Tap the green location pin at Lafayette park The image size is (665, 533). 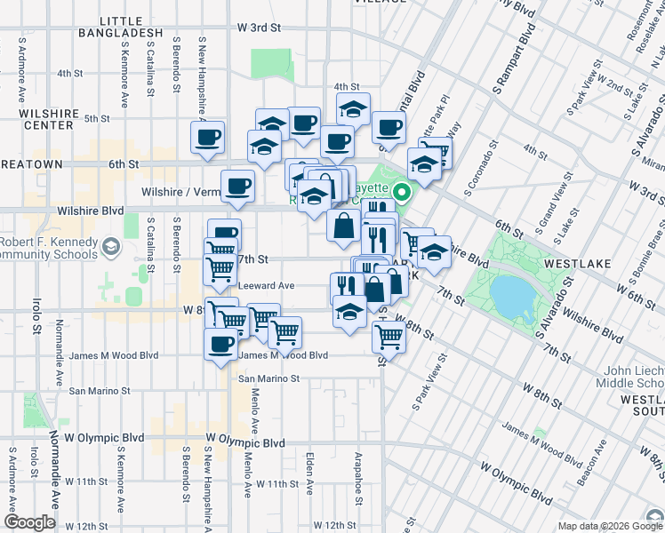402,191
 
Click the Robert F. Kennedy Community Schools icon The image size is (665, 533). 110,246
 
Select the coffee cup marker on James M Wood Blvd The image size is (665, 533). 220,344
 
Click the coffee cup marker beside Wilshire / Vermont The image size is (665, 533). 237,186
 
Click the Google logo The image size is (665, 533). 29,522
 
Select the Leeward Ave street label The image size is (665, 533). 267,286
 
